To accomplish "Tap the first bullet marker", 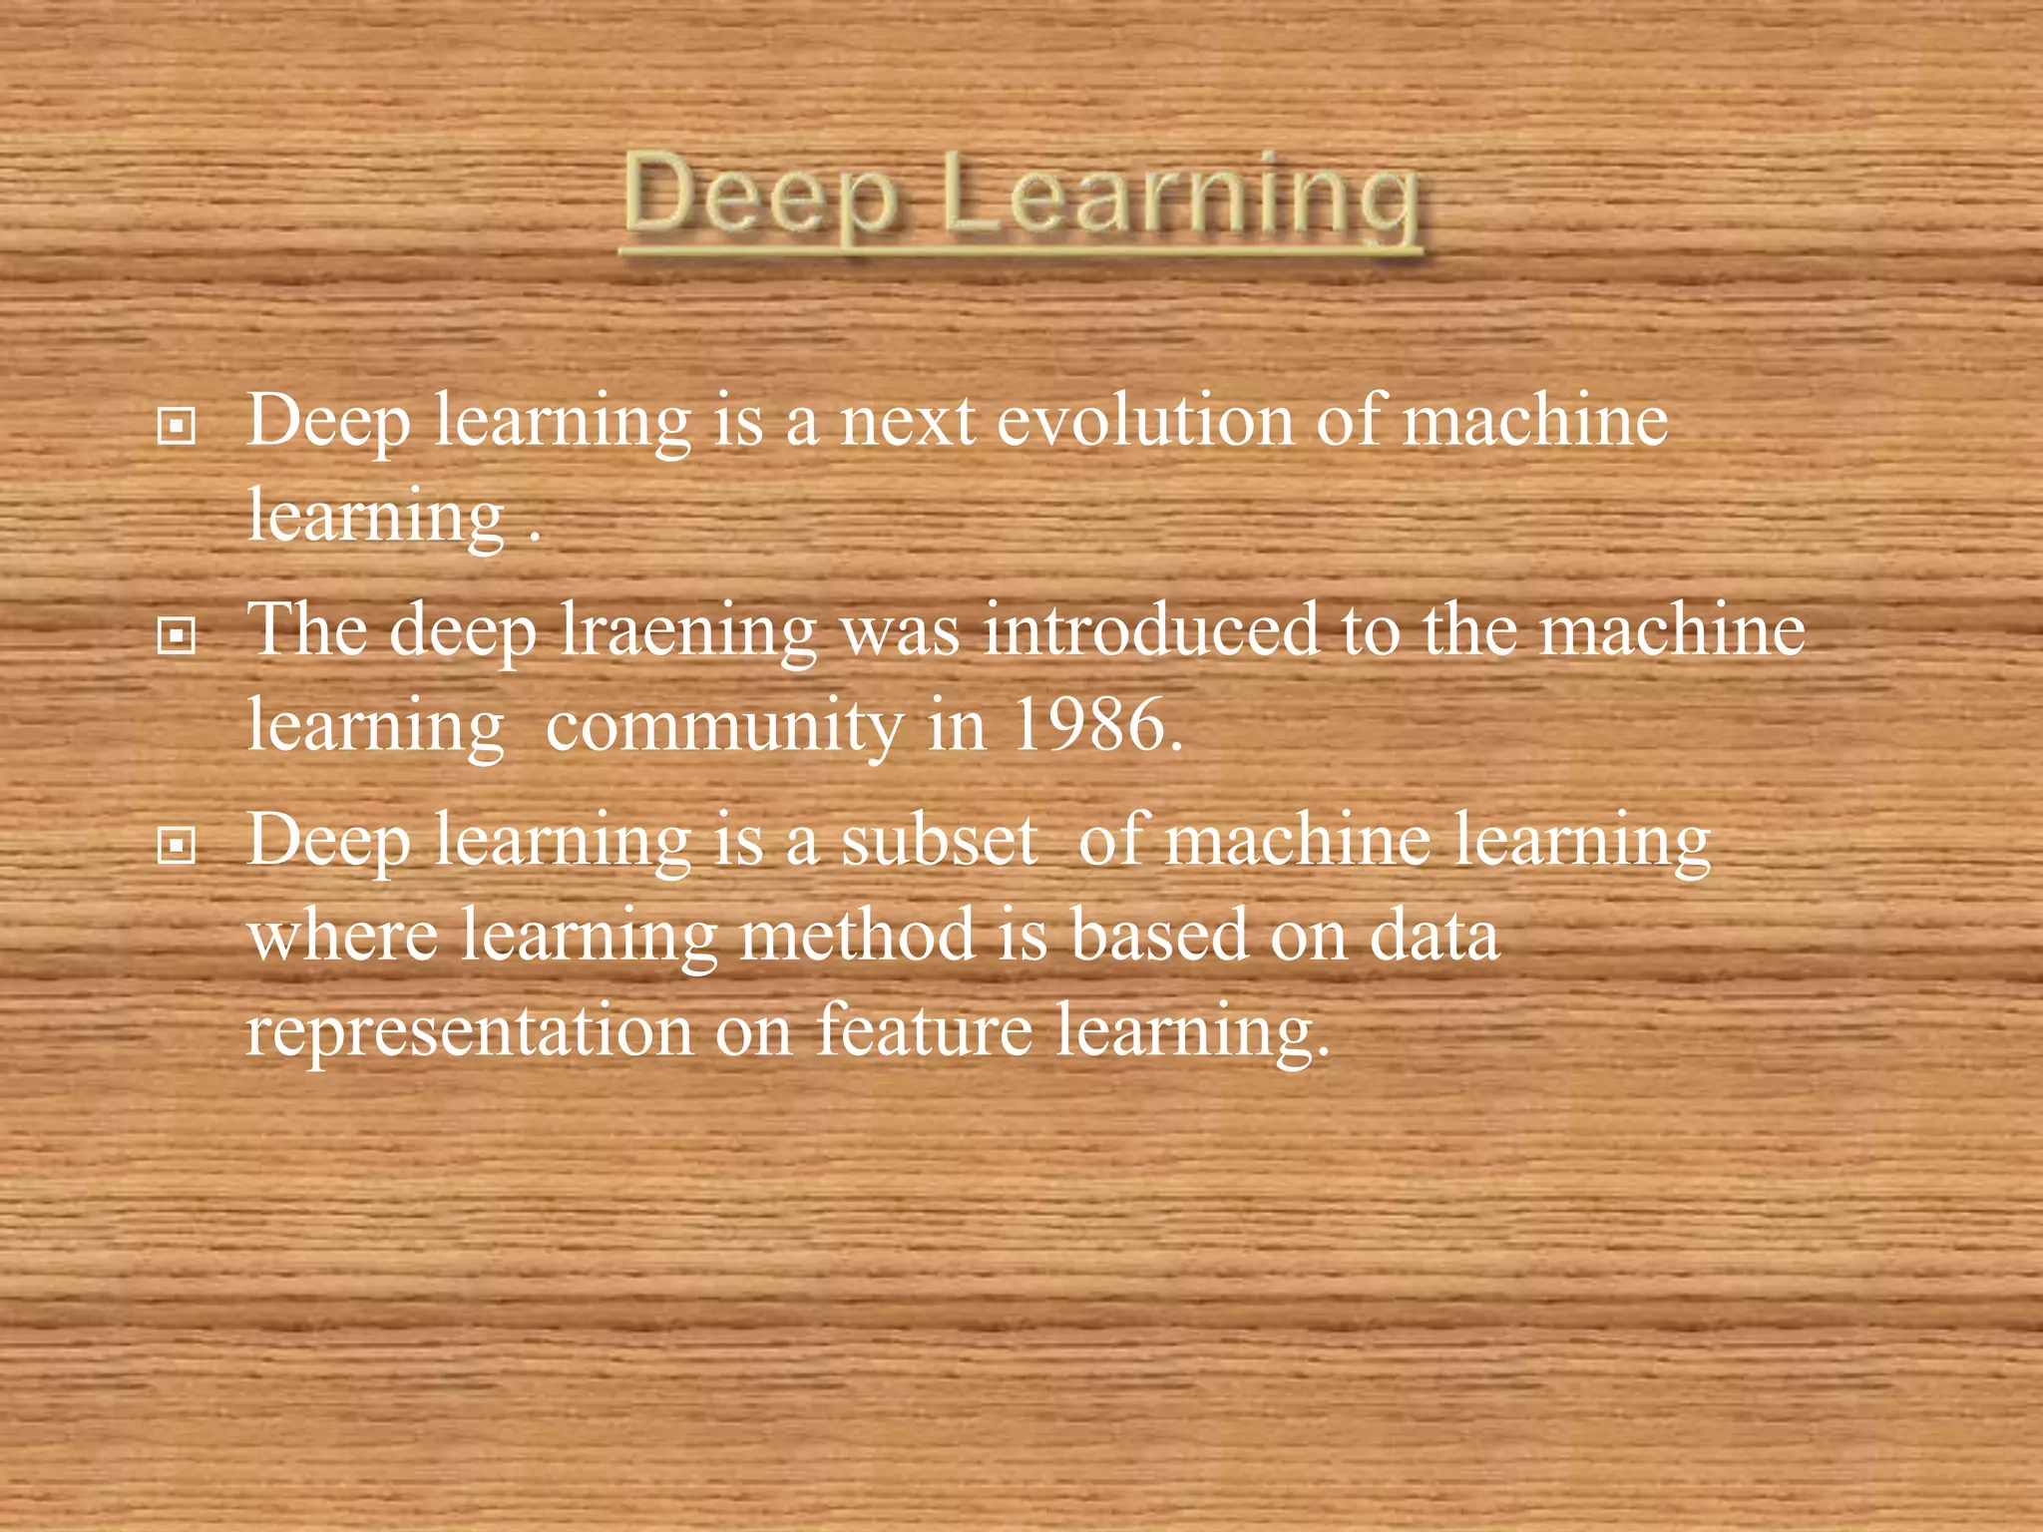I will [177, 427].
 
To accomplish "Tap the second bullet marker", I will [177, 634].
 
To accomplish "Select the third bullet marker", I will [177, 846].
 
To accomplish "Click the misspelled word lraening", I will [688, 632].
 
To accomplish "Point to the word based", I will [1158, 936].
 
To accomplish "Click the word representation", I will [469, 1031].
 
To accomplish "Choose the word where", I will [343, 936].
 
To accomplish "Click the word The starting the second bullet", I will [307, 630].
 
